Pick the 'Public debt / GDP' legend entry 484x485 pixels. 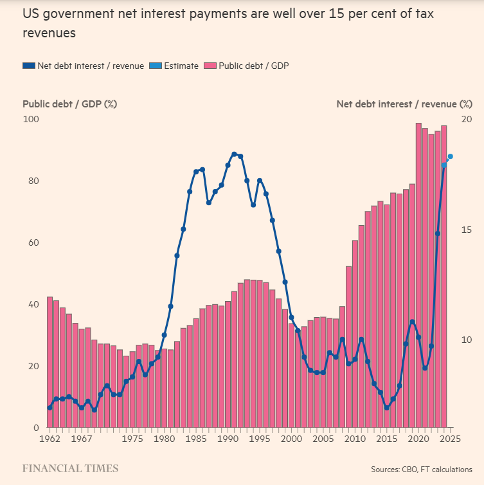pos(247,66)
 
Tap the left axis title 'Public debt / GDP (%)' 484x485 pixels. pos(69,104)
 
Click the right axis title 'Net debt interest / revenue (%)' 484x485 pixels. pos(404,104)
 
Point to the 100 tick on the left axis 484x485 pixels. pos(31,119)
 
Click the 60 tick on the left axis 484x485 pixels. pos(31,243)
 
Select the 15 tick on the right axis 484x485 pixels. pos(467,230)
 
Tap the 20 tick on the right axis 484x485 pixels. pos(467,119)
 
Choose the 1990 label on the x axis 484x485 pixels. pos(228,439)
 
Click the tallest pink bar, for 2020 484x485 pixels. pos(418,277)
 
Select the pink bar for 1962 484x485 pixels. pos(49,360)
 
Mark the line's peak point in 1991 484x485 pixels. pos(234,154)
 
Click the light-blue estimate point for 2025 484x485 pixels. pos(451,156)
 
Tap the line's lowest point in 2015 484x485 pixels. pos(387,407)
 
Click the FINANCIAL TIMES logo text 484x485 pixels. pos(70,468)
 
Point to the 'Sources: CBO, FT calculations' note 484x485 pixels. pos(421,470)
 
